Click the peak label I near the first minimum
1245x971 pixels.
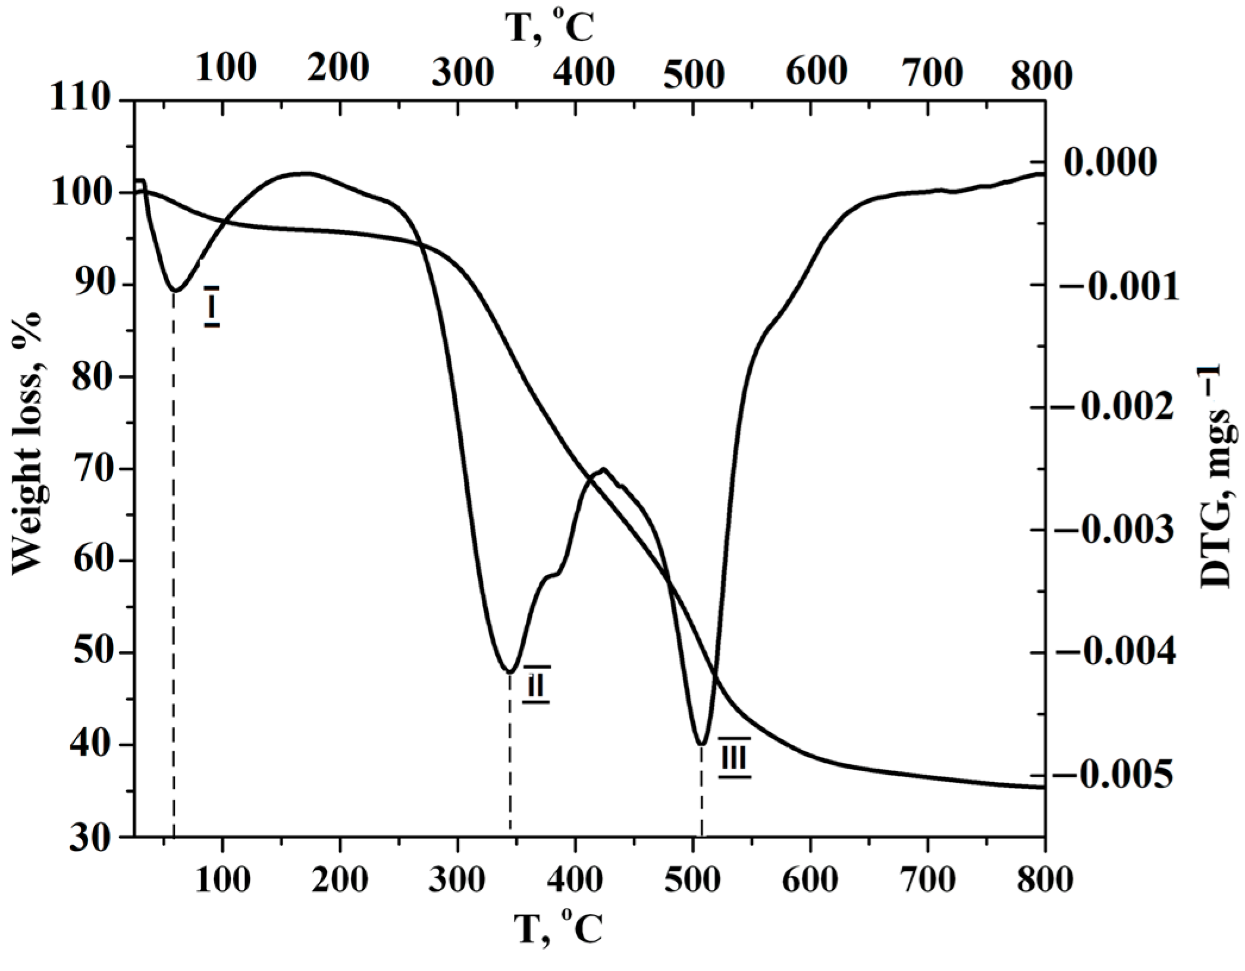pos(212,306)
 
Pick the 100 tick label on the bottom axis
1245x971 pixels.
pos(222,879)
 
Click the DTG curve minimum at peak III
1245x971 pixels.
pos(702,744)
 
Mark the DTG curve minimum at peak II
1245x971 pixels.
pos(510,672)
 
